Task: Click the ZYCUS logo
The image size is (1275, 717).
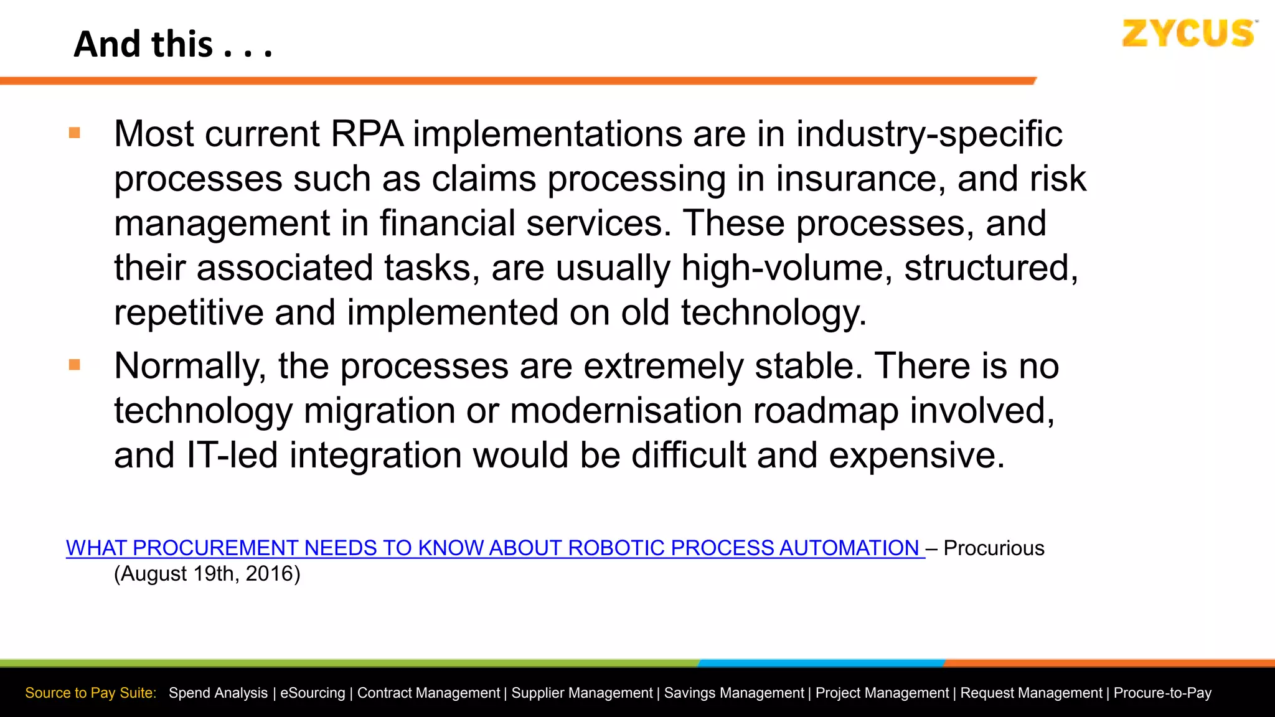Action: [1188, 34]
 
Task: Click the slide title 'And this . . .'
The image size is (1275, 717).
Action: [173, 45]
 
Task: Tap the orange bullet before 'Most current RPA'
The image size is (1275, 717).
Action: [75, 133]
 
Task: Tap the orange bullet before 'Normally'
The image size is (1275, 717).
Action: [75, 365]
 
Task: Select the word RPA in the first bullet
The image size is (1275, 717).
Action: [367, 134]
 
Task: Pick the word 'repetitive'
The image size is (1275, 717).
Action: [189, 312]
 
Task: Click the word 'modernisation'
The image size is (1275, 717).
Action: [626, 411]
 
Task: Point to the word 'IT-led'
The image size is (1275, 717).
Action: [232, 455]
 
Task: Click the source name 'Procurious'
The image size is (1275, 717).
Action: [994, 548]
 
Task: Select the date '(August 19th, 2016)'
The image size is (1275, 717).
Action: [207, 574]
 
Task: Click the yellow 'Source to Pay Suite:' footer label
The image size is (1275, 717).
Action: [91, 693]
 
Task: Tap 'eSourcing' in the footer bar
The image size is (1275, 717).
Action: [313, 693]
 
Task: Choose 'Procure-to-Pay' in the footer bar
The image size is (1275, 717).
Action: [1162, 693]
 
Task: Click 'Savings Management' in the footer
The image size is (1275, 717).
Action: [734, 693]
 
